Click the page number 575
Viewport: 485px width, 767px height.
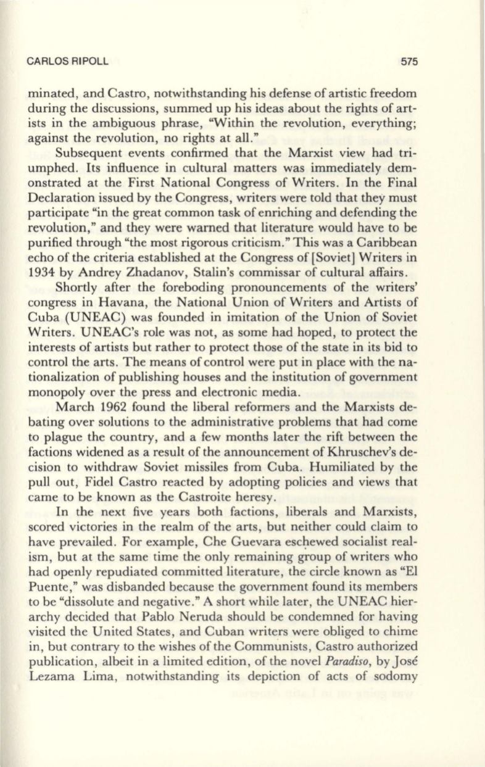(409, 62)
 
